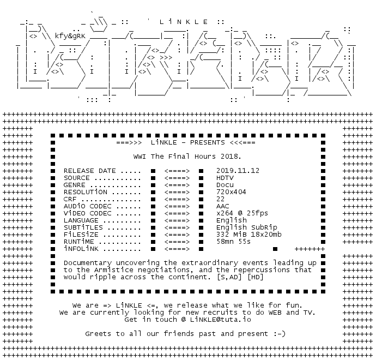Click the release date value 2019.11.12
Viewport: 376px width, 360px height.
(238, 171)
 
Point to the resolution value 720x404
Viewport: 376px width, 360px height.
(232, 192)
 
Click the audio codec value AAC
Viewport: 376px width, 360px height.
(223, 206)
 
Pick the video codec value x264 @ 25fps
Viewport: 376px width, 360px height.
(242, 213)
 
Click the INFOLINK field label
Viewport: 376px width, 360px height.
(81, 249)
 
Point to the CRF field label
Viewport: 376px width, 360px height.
(70, 199)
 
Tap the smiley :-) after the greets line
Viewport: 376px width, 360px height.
(279, 333)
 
